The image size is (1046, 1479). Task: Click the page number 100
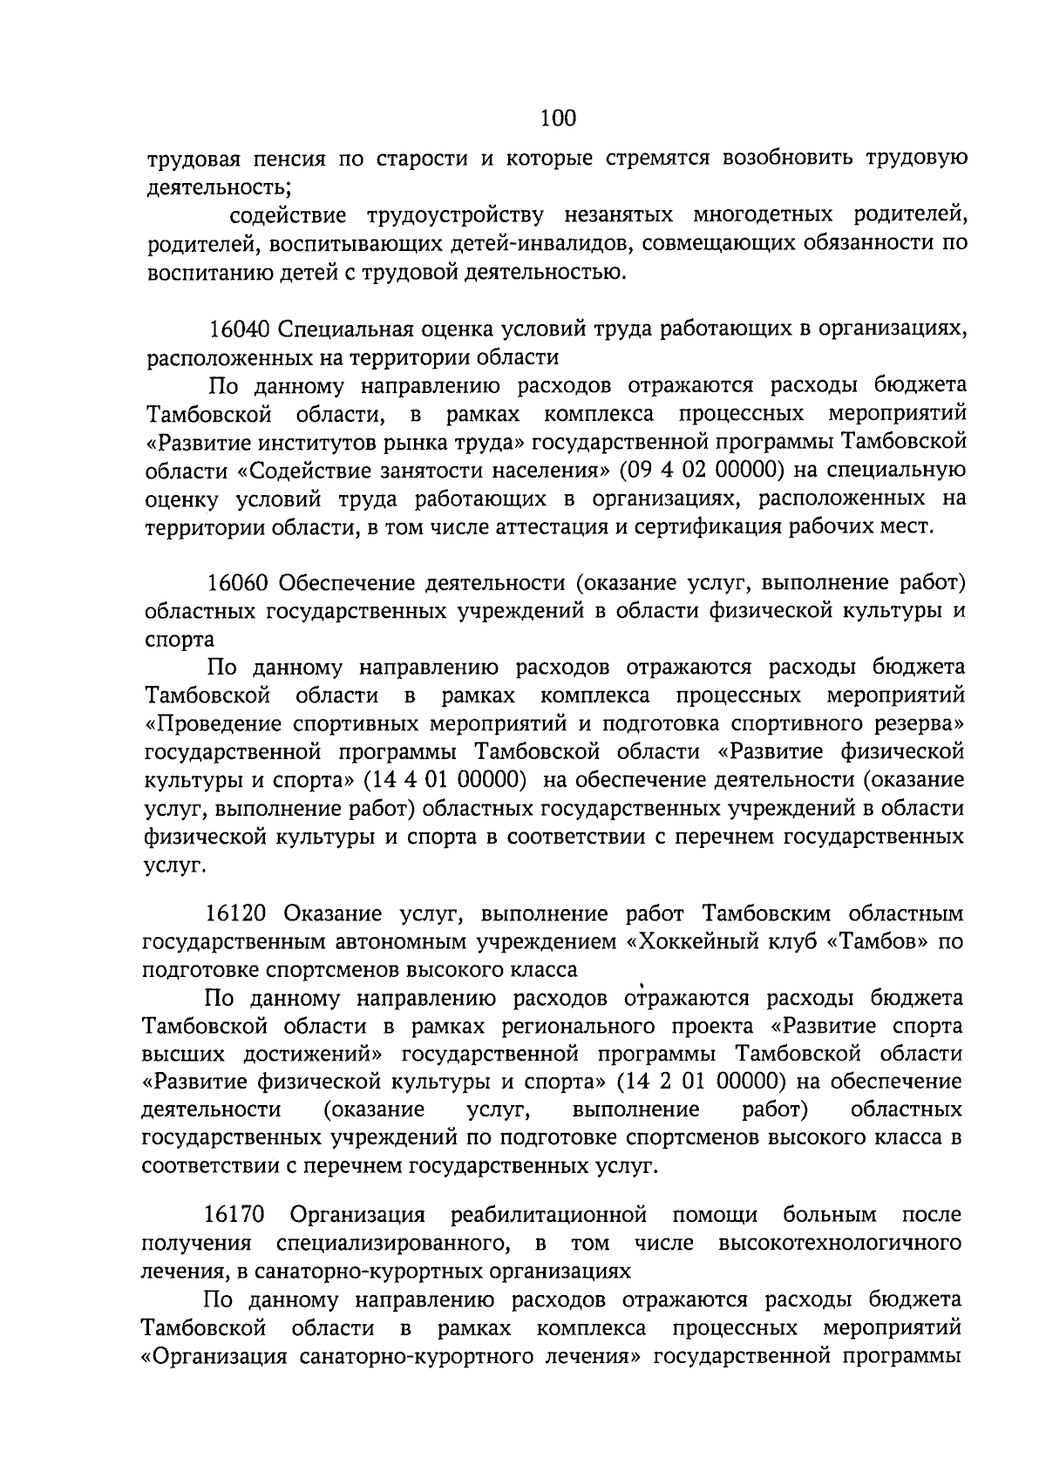pos(558,117)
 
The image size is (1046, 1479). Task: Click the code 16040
pos(241,329)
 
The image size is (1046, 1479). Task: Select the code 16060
pos(241,582)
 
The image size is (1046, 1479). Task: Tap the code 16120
pos(239,913)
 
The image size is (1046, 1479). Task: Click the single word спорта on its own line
pos(180,639)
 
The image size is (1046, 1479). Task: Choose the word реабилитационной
pos(548,1214)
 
